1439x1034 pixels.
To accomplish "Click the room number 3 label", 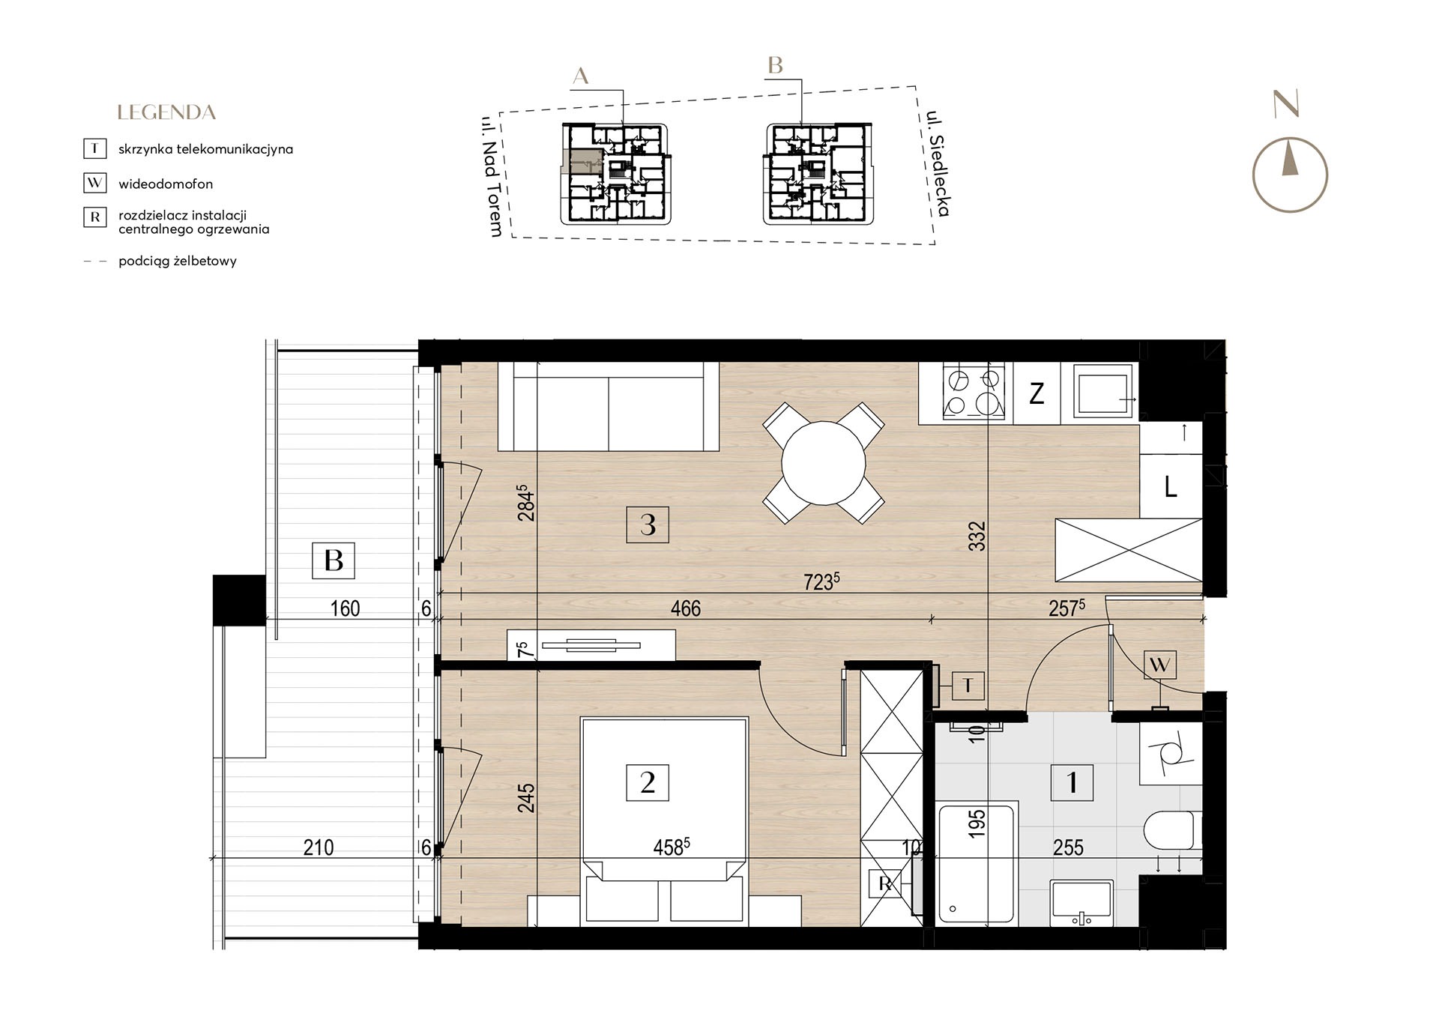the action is coord(648,524).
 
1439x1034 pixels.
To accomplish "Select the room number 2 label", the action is coord(648,783).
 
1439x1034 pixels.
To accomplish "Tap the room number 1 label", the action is coord(1072,783).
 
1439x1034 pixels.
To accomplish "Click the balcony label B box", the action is coord(334,560).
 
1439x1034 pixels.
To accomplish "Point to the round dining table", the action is coord(823,463).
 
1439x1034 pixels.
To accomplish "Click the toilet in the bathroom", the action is coord(1172,831).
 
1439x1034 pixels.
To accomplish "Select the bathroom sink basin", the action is coord(1081,902).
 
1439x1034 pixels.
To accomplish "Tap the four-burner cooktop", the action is coord(974,391).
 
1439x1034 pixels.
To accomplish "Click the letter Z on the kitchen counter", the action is coord(1037,393).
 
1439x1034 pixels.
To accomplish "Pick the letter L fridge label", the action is coord(1171,488).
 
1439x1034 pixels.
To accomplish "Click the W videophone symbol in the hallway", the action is coord(1159,665).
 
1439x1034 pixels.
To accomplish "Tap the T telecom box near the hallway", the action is coord(968,685).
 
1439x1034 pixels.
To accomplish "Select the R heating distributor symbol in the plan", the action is coord(884,884).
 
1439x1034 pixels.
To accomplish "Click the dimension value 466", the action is coord(685,608).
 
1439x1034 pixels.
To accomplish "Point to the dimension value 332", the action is coord(977,536).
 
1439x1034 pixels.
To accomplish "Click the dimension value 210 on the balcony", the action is coord(319,847).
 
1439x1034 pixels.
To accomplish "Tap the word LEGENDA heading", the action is coord(166,112).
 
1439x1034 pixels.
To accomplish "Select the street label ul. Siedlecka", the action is coord(938,163).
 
